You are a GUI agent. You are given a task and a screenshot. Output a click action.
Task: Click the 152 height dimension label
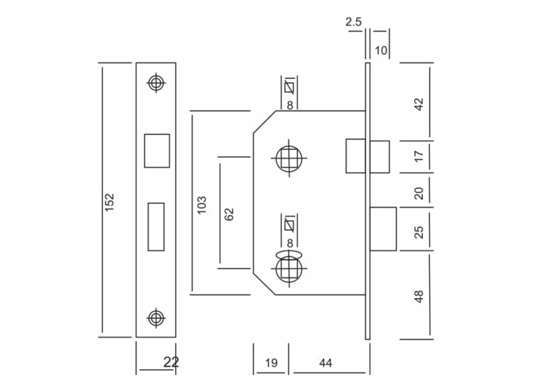point(109,202)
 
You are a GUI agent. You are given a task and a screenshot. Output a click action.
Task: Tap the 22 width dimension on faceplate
point(171,362)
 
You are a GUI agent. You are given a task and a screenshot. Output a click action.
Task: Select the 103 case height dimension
point(202,205)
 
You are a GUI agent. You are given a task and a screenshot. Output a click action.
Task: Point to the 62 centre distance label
point(229,213)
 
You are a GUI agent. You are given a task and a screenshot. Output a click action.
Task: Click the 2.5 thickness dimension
point(353,21)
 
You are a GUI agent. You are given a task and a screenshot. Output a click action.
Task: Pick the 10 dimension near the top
point(381,50)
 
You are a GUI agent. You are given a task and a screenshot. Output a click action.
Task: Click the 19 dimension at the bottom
point(271,363)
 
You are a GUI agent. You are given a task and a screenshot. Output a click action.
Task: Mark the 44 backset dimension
point(326,363)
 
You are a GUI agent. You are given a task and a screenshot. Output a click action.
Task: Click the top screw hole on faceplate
point(156,83)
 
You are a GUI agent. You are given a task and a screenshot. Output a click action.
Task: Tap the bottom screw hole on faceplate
point(156,317)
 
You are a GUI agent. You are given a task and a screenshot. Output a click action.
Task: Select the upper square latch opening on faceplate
point(157,151)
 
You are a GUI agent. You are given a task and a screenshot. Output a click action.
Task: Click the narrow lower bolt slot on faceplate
point(156,227)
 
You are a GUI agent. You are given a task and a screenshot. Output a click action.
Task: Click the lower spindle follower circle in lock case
point(289,269)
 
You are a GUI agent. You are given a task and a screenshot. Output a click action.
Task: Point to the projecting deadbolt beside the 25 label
point(383,229)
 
